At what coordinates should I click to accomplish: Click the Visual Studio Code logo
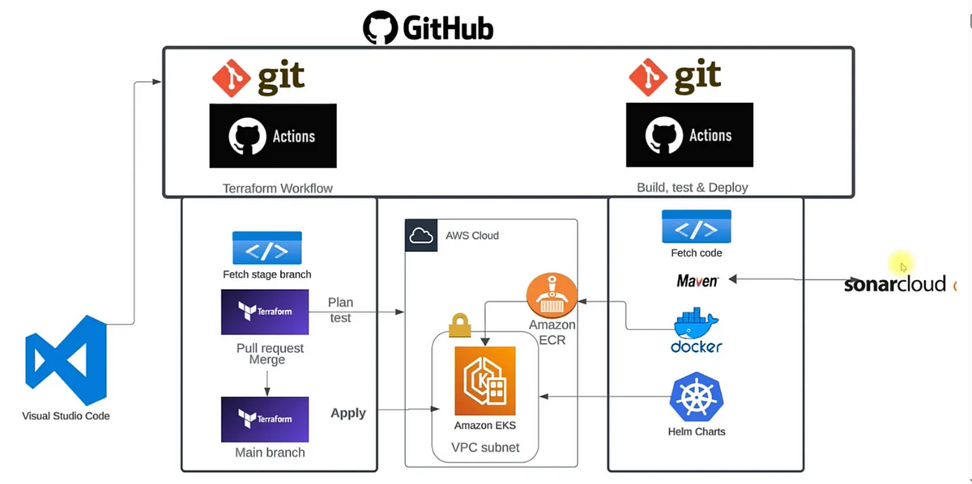(66, 361)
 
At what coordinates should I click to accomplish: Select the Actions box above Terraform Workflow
(273, 135)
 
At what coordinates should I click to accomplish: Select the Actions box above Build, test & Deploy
(689, 135)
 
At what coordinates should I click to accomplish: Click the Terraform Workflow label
(278, 188)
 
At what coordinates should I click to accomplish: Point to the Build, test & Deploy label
(692, 187)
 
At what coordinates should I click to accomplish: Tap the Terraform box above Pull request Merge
(265, 312)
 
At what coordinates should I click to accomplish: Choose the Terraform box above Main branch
(265, 418)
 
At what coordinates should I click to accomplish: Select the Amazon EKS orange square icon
(485, 381)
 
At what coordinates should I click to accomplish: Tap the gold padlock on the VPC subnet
(459, 325)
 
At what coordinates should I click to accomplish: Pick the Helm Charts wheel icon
(696, 397)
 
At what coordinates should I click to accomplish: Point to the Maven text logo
(697, 281)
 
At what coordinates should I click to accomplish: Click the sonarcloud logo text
(894, 284)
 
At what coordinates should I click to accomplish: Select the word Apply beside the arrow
(348, 413)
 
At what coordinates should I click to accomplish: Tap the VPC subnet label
(485, 448)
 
